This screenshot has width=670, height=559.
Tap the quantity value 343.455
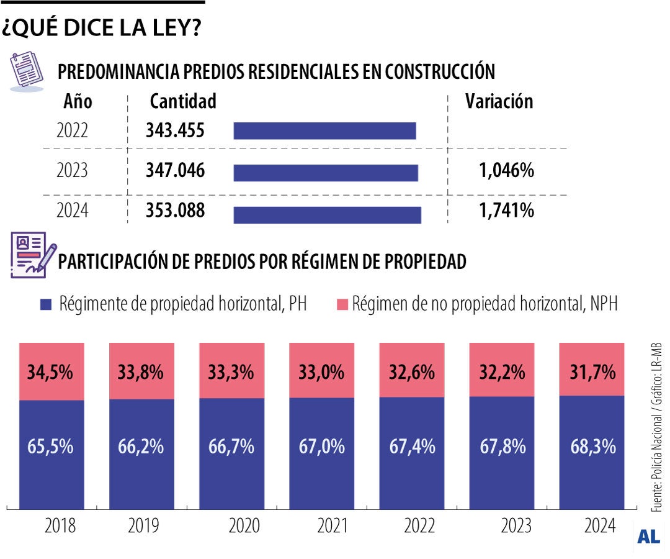coord(175,130)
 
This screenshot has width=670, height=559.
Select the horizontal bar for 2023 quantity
coord(326,172)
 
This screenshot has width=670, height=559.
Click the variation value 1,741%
coord(506,211)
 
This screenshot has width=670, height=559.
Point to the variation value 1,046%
coord(506,171)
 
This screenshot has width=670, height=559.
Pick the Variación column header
coord(499,102)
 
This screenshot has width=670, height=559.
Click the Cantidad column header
coord(183,101)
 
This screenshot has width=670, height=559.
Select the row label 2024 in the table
coord(72,212)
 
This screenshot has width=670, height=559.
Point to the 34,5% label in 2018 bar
coord(51,373)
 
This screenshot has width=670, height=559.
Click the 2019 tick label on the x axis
coord(143,526)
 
